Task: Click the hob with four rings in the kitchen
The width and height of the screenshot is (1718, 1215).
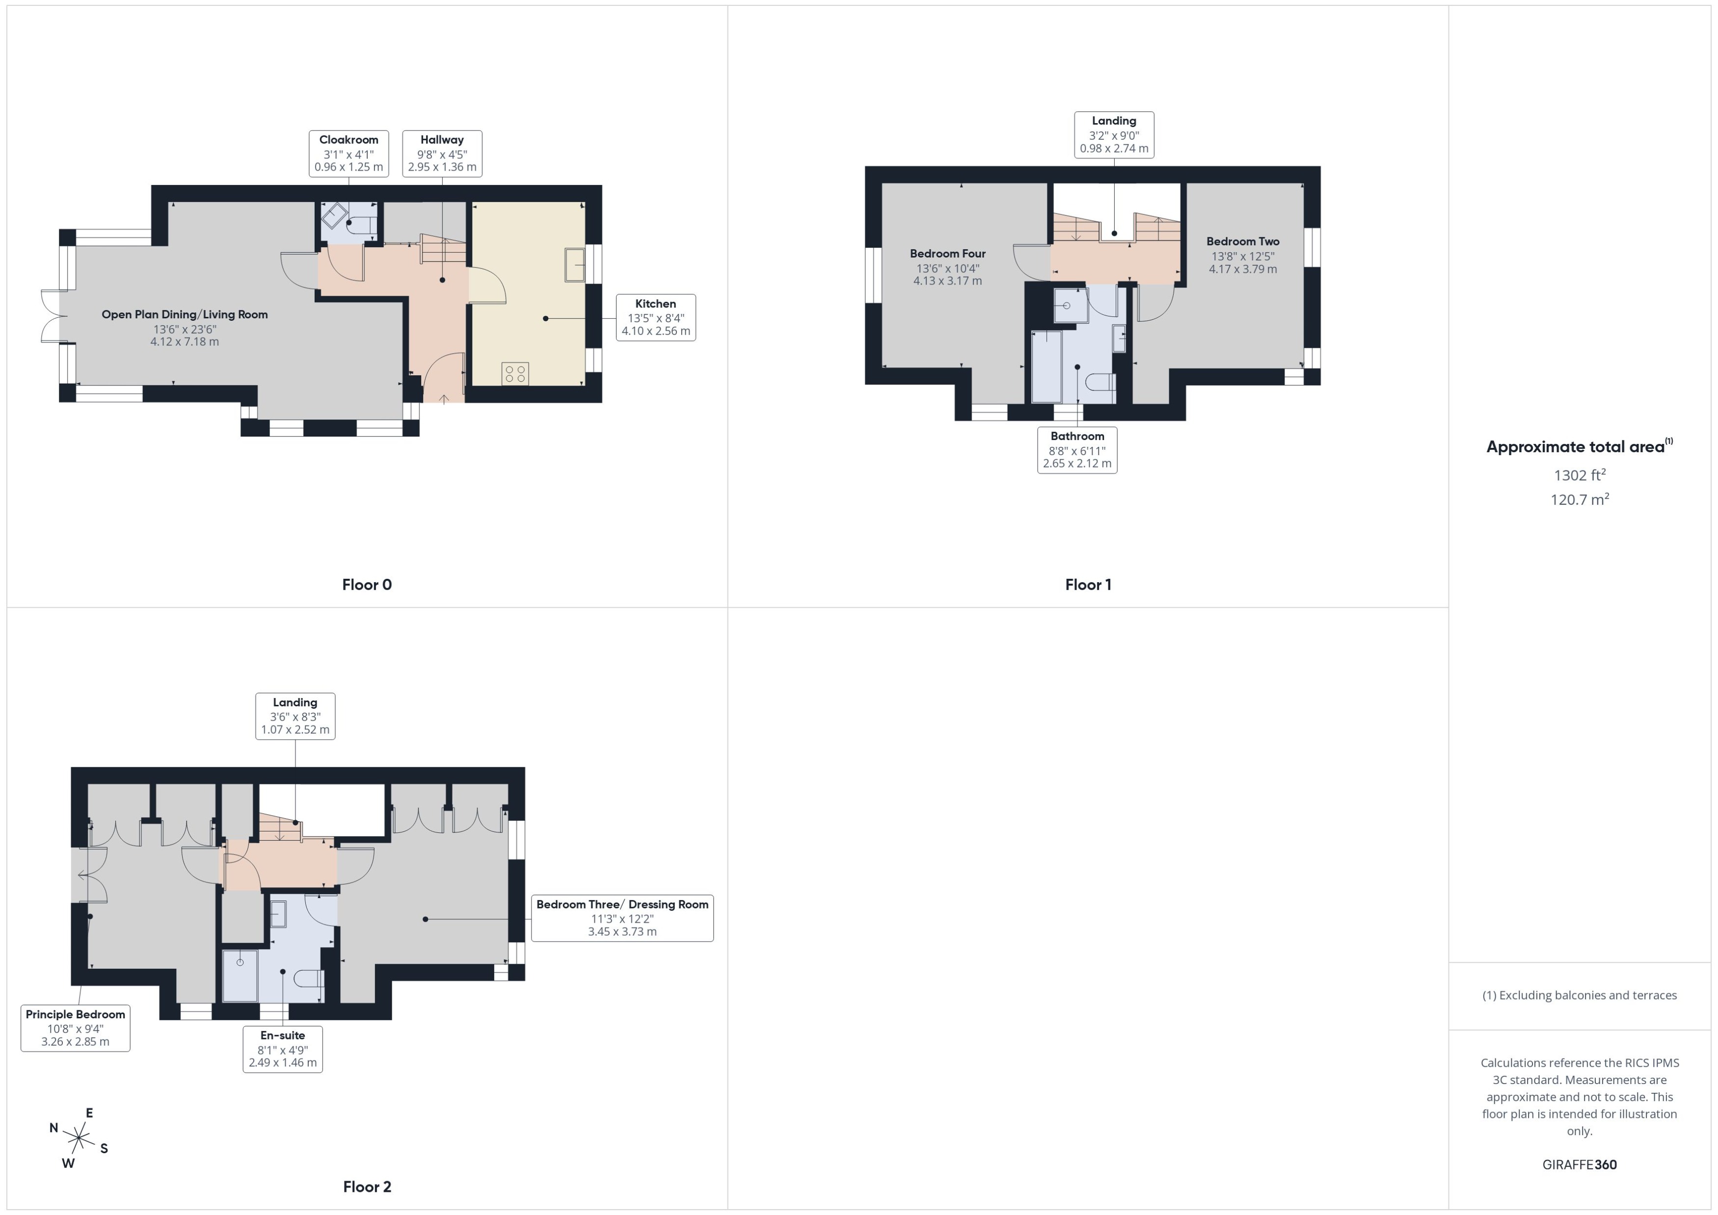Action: click(x=515, y=373)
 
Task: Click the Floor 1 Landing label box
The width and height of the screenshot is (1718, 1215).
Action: click(x=1113, y=135)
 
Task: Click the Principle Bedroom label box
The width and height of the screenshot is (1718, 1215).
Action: click(x=75, y=1028)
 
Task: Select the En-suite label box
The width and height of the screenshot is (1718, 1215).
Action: click(x=282, y=1049)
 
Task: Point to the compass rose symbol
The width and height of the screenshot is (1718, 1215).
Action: click(x=78, y=1138)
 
